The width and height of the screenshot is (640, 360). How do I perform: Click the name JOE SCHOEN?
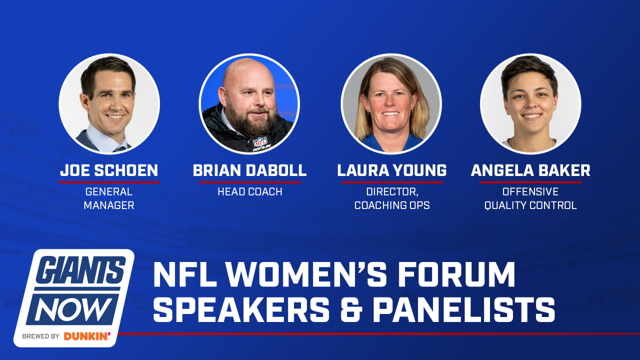coord(109,170)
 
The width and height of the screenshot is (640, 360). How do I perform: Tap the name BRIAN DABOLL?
coord(249,170)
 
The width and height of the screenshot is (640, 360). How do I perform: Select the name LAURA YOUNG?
coord(391,170)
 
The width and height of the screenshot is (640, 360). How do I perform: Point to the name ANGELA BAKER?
coord(530,170)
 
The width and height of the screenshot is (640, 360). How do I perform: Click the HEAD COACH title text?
coord(250,191)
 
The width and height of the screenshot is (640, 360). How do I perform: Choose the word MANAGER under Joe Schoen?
coord(109,205)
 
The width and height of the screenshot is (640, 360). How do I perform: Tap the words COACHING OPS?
coord(392,205)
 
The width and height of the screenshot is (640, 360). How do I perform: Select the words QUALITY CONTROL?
coord(530,205)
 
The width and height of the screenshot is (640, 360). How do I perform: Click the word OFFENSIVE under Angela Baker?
coord(530,191)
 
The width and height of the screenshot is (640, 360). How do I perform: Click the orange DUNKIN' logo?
coord(87,336)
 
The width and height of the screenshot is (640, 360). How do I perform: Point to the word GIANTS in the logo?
coord(81,269)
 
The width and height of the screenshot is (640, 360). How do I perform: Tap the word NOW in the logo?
coord(73,309)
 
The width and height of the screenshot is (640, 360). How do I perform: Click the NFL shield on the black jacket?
coord(260,141)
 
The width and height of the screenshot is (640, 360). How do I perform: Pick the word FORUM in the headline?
coord(456,274)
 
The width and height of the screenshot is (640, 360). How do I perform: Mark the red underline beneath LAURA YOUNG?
coord(392,182)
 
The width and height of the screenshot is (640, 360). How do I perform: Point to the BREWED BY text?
coord(41,336)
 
